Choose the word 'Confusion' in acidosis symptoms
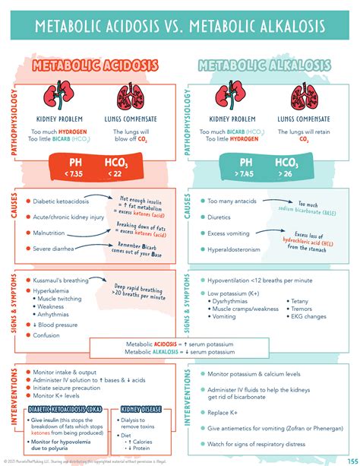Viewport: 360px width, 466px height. click(x=47, y=334)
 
